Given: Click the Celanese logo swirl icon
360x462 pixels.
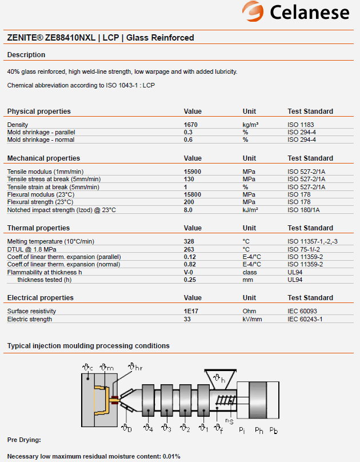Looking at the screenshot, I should point(253,11).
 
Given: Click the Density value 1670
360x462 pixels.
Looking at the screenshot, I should point(191,125).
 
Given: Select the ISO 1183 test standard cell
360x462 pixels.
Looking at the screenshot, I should point(301,125).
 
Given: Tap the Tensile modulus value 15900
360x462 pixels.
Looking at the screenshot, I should point(193,172).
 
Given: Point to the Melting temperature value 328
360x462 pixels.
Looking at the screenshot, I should point(189,241).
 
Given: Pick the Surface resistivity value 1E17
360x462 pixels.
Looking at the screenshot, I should point(191,311).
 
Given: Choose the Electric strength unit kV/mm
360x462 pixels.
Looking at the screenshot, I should point(252,319).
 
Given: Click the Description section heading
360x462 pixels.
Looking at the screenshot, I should point(26,55).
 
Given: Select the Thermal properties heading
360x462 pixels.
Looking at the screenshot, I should point(38,228).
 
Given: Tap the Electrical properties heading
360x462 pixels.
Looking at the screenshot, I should point(40,298).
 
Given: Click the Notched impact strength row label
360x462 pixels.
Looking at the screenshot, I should point(61,210).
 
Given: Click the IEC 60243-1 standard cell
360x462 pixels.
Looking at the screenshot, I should point(305,319).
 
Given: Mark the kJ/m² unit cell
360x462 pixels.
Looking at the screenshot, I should point(250,210).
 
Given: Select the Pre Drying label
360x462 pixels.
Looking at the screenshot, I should point(24,440).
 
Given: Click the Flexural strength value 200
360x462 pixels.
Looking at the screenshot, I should point(189,202).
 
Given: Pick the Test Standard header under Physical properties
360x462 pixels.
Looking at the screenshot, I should point(310,111).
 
